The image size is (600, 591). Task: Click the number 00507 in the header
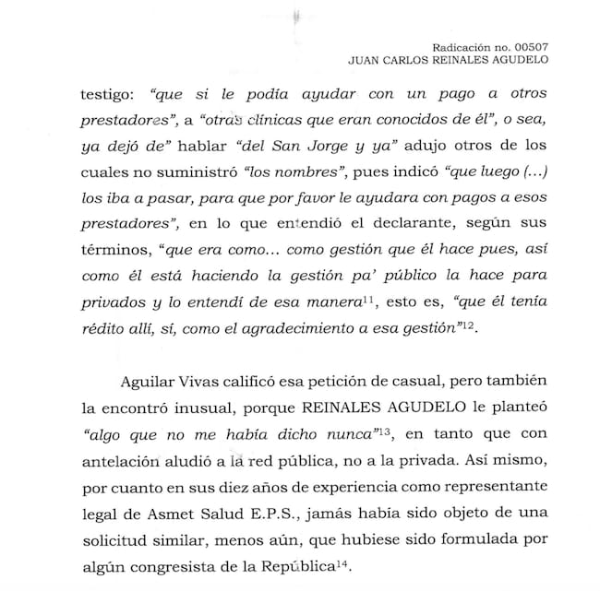click(530, 46)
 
